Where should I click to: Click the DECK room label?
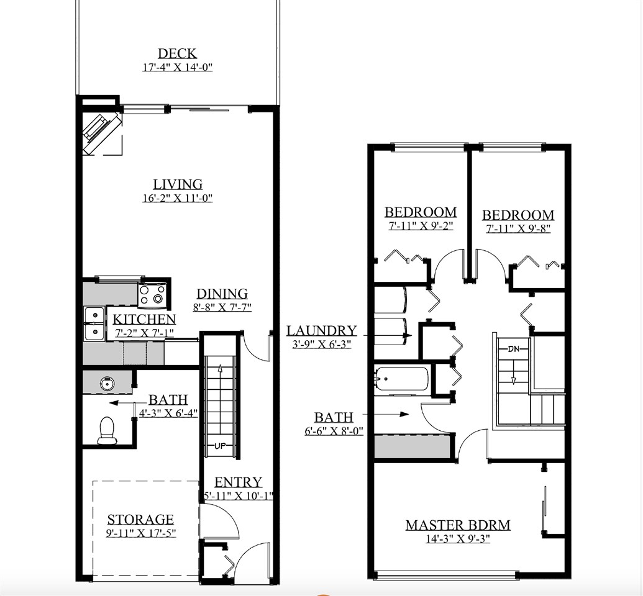(x=177, y=53)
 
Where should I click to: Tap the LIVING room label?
(x=178, y=184)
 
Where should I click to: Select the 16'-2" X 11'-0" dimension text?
(x=178, y=198)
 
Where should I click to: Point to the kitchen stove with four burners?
(x=152, y=295)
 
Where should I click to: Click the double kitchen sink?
(x=94, y=323)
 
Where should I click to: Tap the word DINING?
(x=222, y=294)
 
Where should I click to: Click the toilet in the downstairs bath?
(x=107, y=430)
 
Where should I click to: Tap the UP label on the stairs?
(x=220, y=446)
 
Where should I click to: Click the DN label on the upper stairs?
(x=513, y=350)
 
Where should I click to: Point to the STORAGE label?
(x=140, y=520)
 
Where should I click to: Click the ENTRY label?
(x=239, y=482)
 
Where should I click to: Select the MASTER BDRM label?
(x=458, y=525)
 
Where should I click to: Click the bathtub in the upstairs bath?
(x=402, y=379)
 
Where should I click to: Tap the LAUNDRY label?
(x=322, y=330)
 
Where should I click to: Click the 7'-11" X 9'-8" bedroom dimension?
(x=518, y=228)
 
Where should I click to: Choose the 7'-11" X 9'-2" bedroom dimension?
(x=421, y=225)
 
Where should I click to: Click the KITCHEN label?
(x=144, y=319)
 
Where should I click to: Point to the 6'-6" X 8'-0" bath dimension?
(x=334, y=431)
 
